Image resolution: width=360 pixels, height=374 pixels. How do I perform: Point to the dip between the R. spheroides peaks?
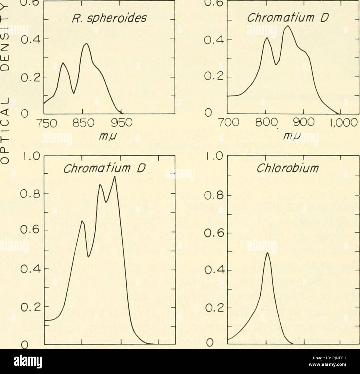click(74, 93)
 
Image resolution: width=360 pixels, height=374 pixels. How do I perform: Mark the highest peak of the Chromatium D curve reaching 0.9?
click(115, 176)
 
